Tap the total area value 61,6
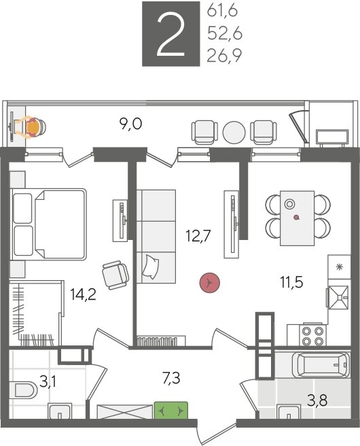(220, 13)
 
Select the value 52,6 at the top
(220, 35)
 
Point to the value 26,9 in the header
(220, 57)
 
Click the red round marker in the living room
(208, 283)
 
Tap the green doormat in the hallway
(172, 410)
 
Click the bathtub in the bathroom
(307, 371)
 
